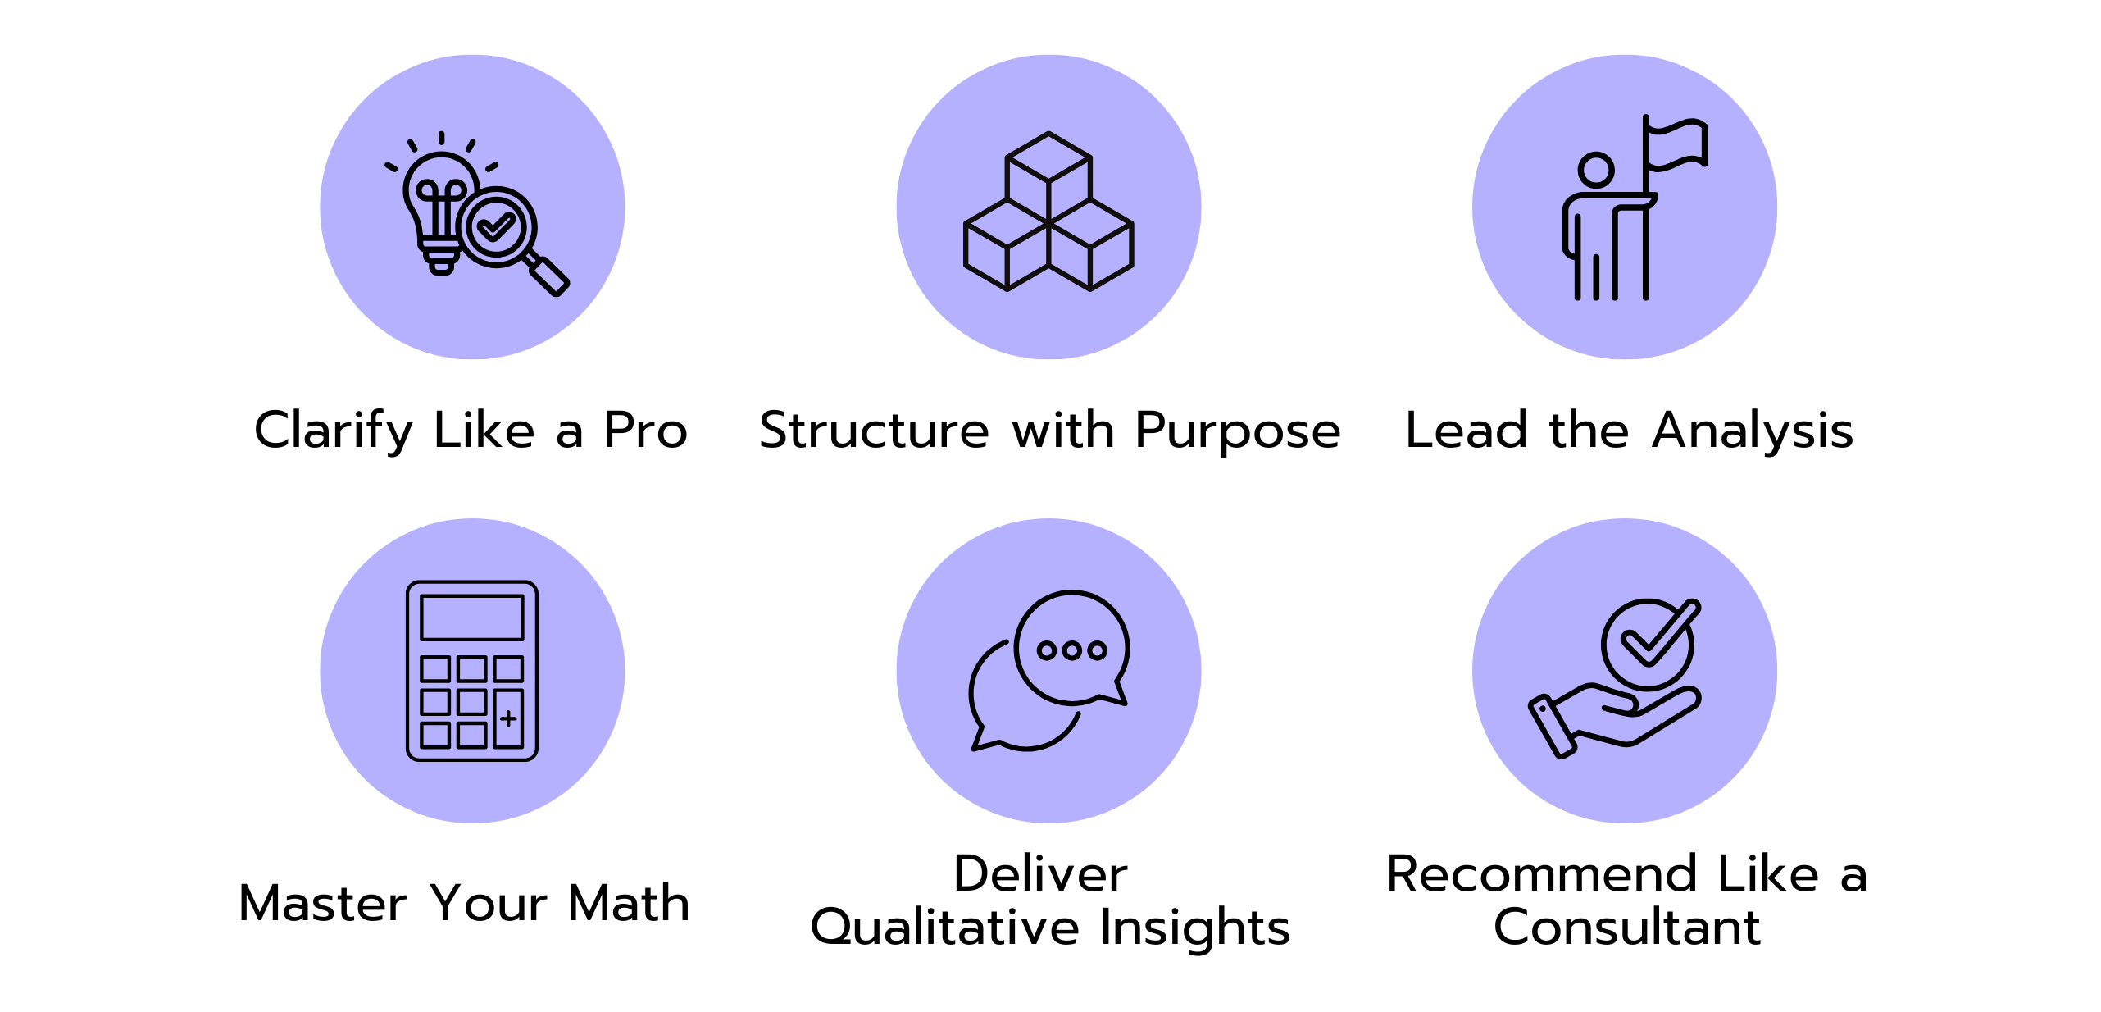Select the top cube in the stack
point(1048,177)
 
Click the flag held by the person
point(1676,146)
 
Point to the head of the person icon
point(1595,170)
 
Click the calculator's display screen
point(472,618)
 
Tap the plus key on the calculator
point(508,718)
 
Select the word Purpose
point(1238,431)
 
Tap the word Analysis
point(1753,431)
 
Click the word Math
point(629,903)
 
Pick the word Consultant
point(1627,927)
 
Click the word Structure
point(875,430)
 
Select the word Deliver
point(1040,873)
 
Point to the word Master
point(322,903)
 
